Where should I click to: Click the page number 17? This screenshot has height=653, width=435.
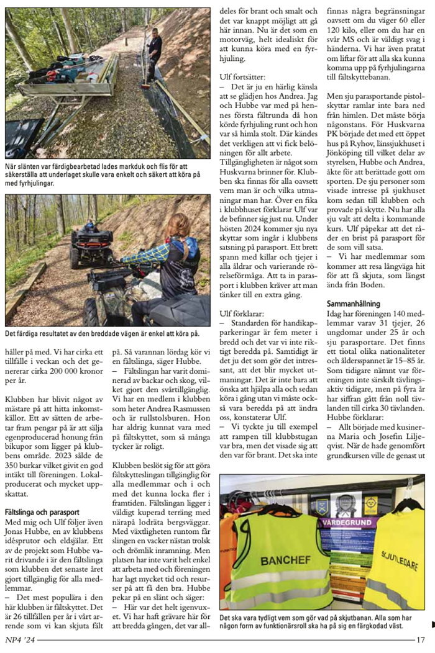420,639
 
